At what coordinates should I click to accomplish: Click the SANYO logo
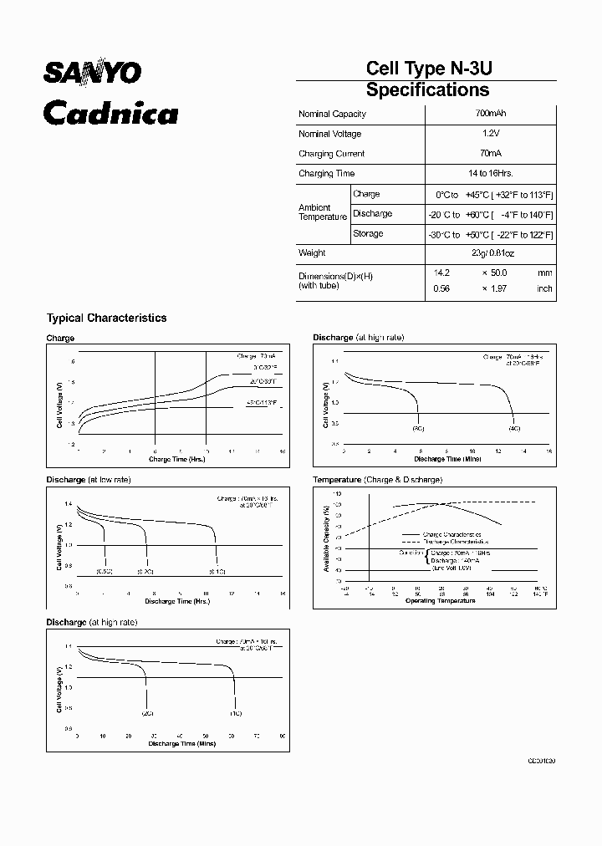click(93, 74)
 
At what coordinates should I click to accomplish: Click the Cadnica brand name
click(110, 112)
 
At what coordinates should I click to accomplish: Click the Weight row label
click(312, 253)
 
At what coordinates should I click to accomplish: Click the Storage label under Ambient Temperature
click(368, 234)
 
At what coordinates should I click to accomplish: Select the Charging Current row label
click(331, 154)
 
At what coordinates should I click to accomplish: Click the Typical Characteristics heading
click(106, 318)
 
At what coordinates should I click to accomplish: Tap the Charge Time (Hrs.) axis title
click(176, 460)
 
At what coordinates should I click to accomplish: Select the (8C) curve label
click(418, 427)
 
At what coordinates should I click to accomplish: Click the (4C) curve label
click(513, 427)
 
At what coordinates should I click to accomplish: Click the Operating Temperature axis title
click(441, 600)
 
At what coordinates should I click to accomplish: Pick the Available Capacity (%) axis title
click(325, 542)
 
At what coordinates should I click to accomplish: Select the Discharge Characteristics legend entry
click(452, 542)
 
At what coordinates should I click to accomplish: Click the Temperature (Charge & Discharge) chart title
click(377, 480)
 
